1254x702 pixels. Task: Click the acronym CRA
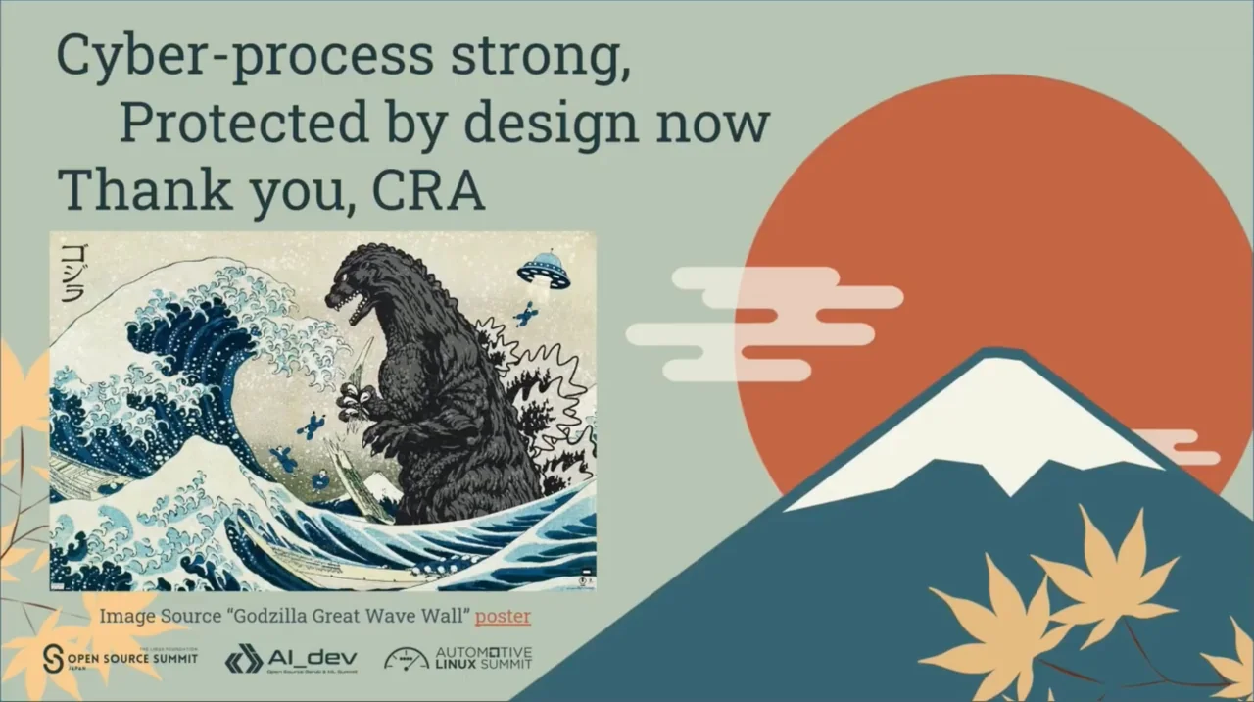(428, 189)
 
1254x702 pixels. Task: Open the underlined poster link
(503, 617)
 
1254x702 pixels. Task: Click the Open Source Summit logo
(121, 658)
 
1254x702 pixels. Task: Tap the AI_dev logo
(291, 659)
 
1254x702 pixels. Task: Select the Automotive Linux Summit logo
(458, 658)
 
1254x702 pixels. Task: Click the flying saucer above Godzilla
(544, 269)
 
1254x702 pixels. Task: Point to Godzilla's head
(362, 279)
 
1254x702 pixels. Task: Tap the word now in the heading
(721, 124)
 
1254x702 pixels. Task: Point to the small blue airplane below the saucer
(525, 314)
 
